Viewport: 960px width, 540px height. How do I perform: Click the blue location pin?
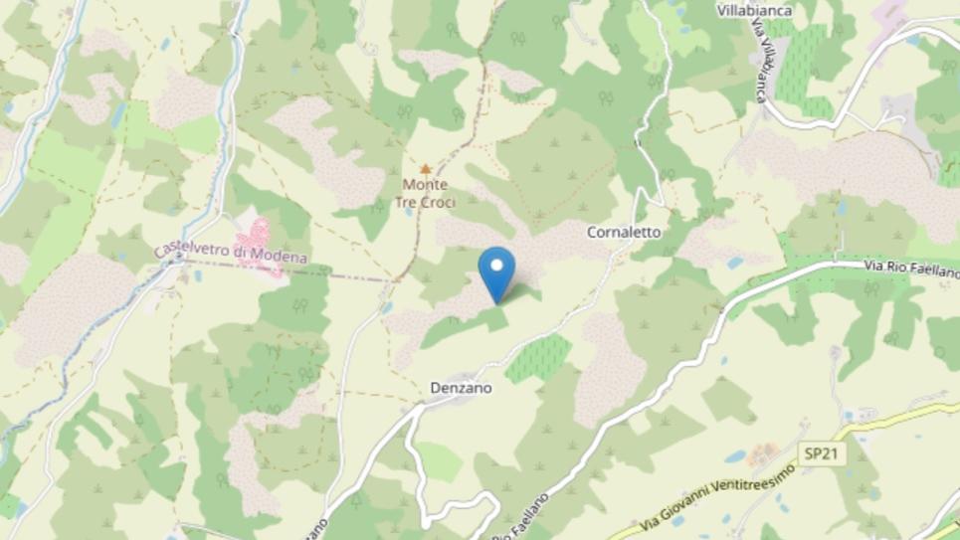[496, 271]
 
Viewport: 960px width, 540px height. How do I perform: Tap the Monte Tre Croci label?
[425, 194]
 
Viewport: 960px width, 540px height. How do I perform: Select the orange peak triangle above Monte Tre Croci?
[426, 169]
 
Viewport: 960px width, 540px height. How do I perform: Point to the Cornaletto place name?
[624, 232]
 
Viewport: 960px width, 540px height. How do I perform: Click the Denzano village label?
[461, 389]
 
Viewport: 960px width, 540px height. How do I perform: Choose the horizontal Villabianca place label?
[755, 10]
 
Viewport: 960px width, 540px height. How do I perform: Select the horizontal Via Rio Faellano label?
[911, 270]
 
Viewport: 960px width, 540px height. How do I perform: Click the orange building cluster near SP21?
[763, 454]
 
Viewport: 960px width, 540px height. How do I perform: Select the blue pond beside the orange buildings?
[735, 456]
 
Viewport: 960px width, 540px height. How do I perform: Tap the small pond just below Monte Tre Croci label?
[408, 211]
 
